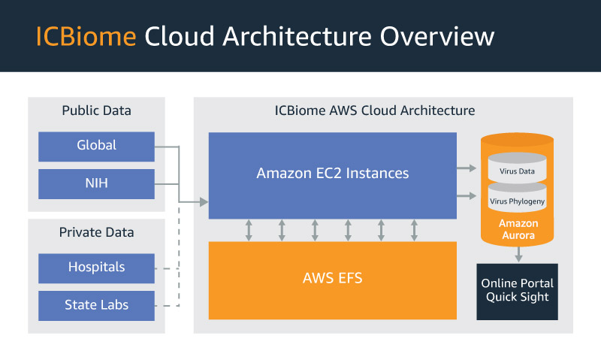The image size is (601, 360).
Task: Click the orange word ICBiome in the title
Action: coord(86,36)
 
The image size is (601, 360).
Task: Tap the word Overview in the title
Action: coord(437,36)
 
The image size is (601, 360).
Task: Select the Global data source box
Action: coord(97,147)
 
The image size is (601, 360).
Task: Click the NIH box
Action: coord(97,184)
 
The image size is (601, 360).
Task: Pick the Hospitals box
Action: coord(97,268)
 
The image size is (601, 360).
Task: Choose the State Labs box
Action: coord(97,306)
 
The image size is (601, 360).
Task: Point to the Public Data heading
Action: coord(97,110)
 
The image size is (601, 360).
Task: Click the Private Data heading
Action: coord(97,232)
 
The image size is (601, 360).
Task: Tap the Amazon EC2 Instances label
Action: coord(333,174)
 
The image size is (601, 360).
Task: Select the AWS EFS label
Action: coord(333,278)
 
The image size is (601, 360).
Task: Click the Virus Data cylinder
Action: coord(517,168)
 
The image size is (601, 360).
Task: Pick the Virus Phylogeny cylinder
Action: coord(517,197)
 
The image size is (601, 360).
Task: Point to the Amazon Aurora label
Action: coord(518,229)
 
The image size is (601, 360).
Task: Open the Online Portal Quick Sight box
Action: coord(517,292)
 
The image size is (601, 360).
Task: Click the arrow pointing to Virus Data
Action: coord(467,168)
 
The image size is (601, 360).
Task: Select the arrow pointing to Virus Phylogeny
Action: coord(467,196)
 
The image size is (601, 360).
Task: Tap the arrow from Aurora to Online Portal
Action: coord(518,254)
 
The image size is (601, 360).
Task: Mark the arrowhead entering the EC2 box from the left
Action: coord(204,201)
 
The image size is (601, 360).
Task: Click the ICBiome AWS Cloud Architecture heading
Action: coord(375,110)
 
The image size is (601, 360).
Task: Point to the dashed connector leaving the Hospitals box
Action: coord(167,268)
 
